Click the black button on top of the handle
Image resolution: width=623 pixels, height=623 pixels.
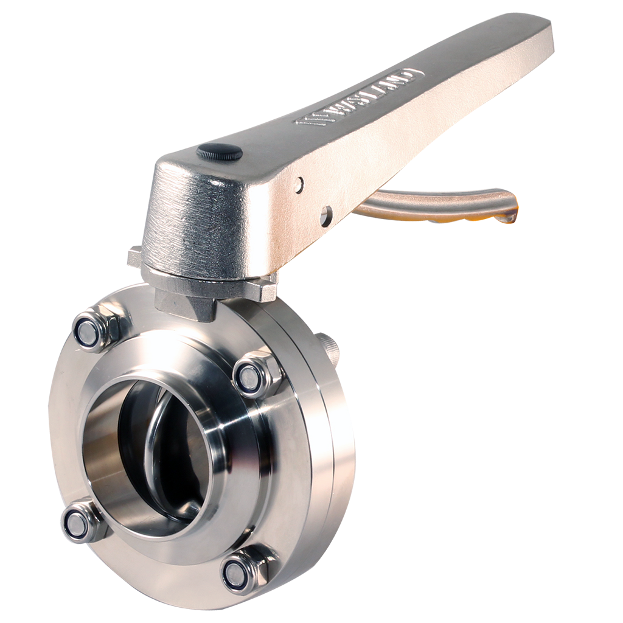tap(219, 152)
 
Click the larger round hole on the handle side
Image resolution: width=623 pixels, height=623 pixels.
tap(326, 216)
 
